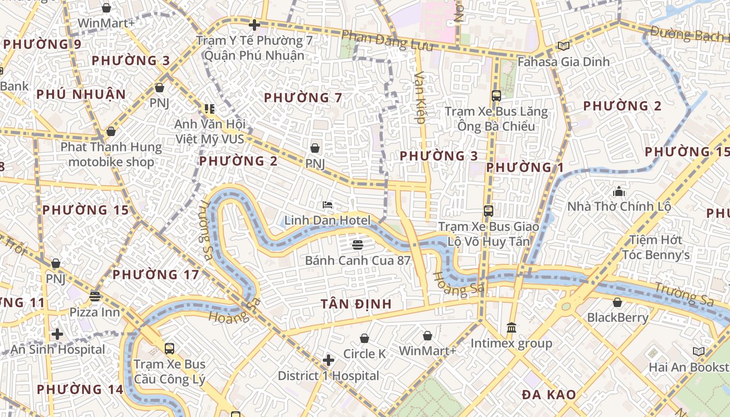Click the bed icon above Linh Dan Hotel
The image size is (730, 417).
click(x=327, y=205)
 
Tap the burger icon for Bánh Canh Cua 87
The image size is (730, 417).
click(x=358, y=244)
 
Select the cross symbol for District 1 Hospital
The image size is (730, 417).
click(x=328, y=360)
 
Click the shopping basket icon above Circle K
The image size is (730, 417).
click(x=364, y=339)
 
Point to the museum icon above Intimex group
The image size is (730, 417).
click(x=511, y=328)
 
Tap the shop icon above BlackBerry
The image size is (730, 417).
click(x=617, y=302)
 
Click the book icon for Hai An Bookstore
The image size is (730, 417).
click(x=698, y=352)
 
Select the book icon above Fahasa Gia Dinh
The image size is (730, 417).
click(x=563, y=46)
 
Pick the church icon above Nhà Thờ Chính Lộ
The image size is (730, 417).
click(x=619, y=191)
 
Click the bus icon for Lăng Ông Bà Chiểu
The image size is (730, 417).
click(x=496, y=96)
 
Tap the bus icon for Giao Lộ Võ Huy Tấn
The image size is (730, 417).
click(x=489, y=211)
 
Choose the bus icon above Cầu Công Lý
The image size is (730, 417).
click(x=169, y=349)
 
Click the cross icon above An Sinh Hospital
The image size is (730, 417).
click(x=57, y=334)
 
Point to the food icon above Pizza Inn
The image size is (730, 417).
click(x=95, y=297)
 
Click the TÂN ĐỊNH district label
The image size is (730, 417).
click(x=356, y=304)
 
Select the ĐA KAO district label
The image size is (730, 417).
click(x=549, y=395)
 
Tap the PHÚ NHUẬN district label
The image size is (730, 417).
click(x=81, y=94)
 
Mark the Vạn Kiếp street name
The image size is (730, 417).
click(x=420, y=97)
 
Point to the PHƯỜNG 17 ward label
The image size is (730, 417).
click(x=155, y=275)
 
